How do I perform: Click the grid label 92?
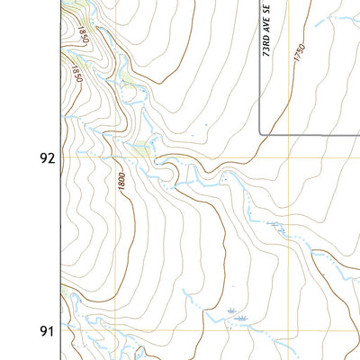click(x=47, y=158)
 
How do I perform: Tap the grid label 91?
click(x=47, y=331)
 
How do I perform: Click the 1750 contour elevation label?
click(x=300, y=53)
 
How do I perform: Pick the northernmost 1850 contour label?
click(x=82, y=35)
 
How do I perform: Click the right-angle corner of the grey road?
click(x=261, y=133)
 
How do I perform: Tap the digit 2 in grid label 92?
click(x=51, y=158)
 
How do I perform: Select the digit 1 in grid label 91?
click(x=51, y=331)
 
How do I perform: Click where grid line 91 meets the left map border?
click(x=62, y=331)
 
